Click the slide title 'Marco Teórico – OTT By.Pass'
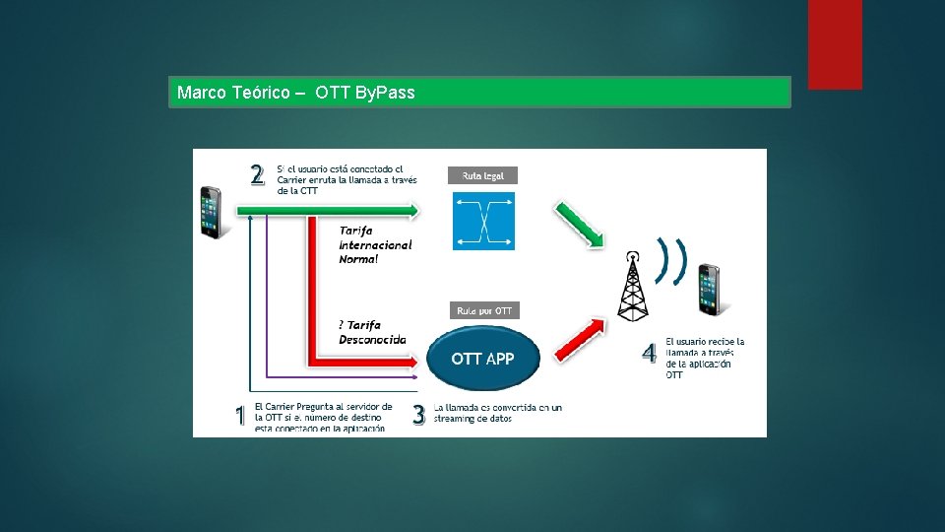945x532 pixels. tap(296, 93)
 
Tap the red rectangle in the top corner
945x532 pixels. tap(835, 43)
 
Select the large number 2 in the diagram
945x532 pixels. tap(257, 175)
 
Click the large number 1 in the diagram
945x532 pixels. tap(239, 416)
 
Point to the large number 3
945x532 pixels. tap(418, 416)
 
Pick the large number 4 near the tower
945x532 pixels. tap(649, 353)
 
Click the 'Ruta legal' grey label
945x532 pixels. tap(482, 175)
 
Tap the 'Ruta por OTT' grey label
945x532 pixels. tap(483, 310)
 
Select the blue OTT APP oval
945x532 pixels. tap(482, 359)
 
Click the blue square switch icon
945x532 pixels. tap(483, 221)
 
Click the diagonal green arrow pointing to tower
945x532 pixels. tap(577, 225)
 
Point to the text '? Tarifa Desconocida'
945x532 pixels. tap(371, 332)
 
